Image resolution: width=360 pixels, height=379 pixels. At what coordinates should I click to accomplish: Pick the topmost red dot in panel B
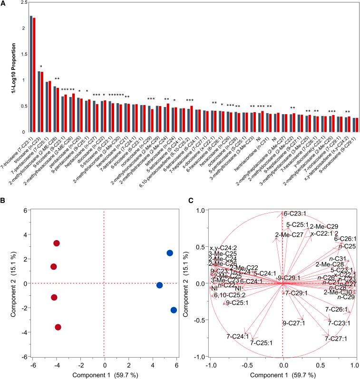57,243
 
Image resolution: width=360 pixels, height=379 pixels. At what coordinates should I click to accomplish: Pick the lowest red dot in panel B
58,327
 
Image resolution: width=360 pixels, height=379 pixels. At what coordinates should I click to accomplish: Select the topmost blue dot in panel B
170,253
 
